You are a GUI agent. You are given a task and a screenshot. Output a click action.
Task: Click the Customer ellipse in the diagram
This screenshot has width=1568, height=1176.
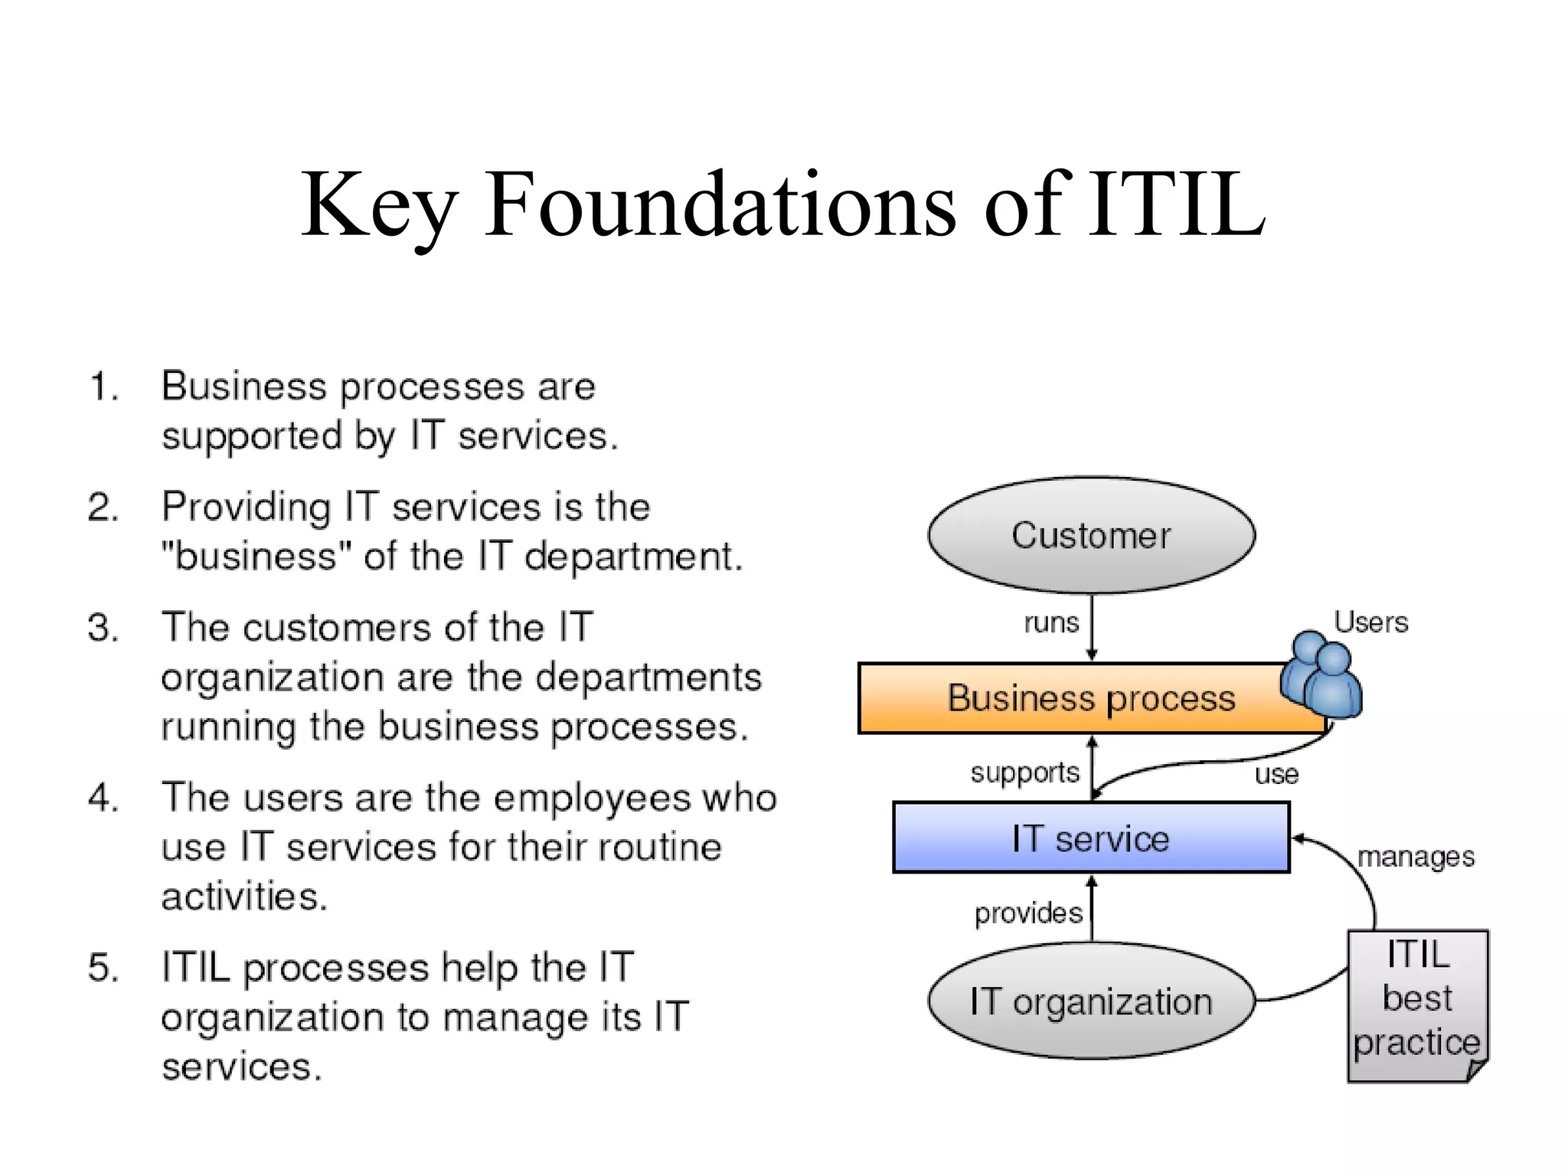1091,535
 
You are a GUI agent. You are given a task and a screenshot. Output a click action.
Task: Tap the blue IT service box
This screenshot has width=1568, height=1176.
1091,838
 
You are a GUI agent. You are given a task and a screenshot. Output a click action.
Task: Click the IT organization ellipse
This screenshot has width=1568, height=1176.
1091,1001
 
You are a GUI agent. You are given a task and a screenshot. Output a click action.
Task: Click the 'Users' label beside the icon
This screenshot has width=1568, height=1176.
1370,622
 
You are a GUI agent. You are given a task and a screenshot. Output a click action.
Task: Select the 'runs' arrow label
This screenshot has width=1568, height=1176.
1051,622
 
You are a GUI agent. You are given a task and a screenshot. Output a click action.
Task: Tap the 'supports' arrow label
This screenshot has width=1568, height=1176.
1024,773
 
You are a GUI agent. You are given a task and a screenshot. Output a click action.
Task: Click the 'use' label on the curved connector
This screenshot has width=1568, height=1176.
1276,775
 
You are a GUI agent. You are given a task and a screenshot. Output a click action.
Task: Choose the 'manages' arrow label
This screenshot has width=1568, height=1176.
1416,857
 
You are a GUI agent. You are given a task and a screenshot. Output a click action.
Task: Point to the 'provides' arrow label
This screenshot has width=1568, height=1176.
1028,913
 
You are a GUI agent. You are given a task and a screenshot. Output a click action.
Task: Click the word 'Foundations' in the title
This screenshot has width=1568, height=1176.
720,205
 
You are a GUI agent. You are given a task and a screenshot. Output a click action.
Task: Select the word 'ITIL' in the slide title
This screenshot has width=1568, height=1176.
1176,205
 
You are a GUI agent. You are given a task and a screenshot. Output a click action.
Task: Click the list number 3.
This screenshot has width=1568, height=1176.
103,628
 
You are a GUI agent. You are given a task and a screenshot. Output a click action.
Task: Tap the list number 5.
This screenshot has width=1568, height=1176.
103,967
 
